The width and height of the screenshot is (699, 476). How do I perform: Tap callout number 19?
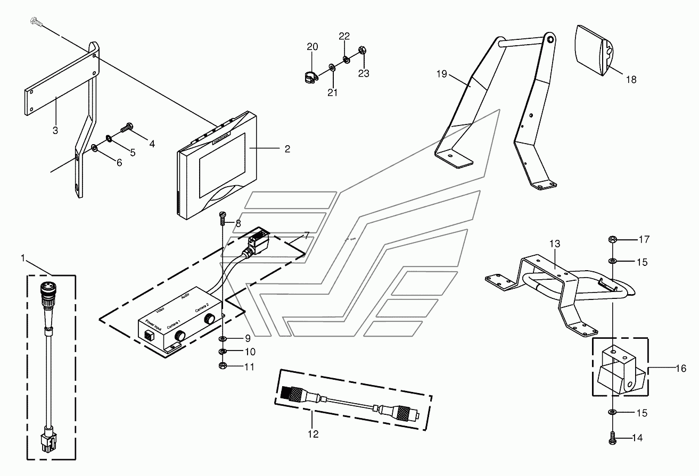coord(441,74)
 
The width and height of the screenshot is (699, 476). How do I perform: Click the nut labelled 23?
coord(362,51)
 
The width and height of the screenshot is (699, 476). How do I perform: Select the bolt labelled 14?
coord(612,438)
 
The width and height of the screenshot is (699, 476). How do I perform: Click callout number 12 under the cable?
coord(313,435)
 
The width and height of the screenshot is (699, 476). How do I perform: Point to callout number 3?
coord(55,130)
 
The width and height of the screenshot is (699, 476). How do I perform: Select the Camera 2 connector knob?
coord(210,319)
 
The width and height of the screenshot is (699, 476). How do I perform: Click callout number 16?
coord(680,368)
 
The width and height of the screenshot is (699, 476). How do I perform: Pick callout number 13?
coord(555,244)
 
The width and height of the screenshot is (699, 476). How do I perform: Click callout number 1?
coord(23,258)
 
